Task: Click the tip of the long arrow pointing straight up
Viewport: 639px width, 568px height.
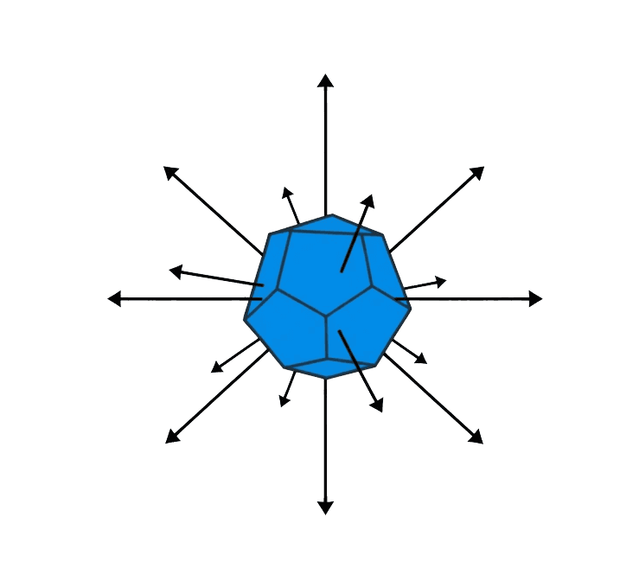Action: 325,79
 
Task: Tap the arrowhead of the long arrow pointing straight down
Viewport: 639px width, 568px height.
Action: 325,508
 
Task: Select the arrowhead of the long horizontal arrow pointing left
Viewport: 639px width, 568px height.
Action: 113,298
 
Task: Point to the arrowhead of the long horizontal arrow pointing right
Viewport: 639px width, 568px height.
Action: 536,298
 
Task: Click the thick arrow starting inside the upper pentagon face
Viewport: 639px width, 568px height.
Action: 357,233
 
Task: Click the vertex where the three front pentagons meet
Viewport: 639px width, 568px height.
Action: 327,316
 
